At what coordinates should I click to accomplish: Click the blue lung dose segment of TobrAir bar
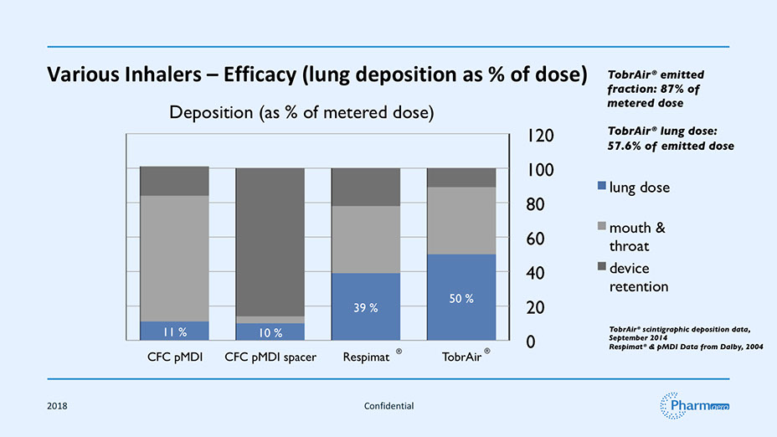461,276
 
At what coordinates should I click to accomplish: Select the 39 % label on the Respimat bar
366,308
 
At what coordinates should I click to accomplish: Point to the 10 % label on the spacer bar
270,333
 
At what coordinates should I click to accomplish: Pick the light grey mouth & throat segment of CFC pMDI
173,258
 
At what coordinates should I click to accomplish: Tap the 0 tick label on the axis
530,342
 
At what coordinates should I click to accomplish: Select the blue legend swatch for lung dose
602,186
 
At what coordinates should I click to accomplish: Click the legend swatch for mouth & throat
602,226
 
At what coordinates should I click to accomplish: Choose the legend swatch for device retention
602,267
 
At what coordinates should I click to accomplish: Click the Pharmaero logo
695,405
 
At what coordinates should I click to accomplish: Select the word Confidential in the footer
388,406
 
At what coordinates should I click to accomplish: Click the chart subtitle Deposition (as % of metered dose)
301,113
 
